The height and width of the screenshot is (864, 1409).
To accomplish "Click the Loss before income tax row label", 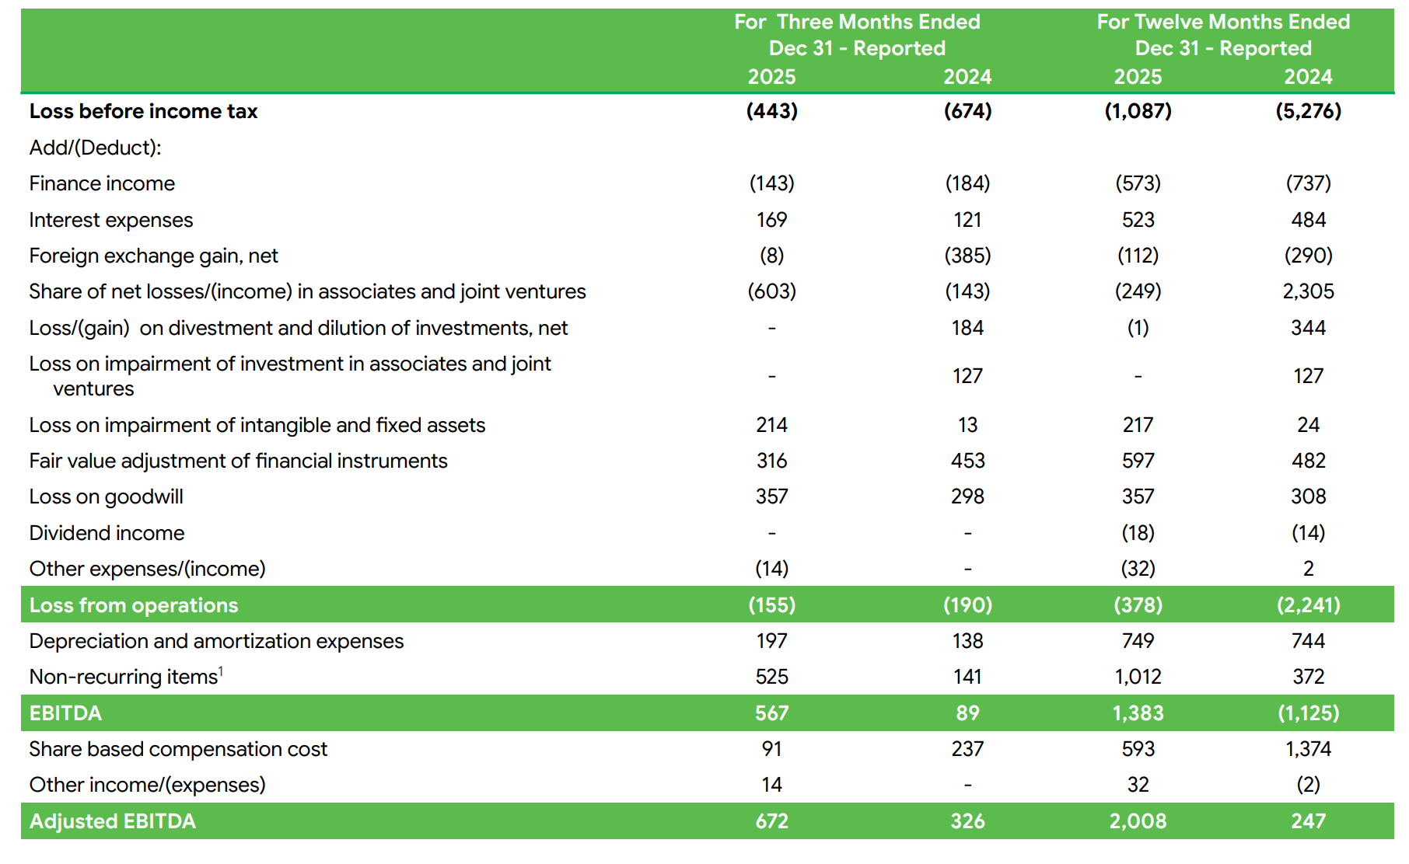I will tap(143, 111).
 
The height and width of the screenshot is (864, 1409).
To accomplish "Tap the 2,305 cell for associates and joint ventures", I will tap(1308, 291).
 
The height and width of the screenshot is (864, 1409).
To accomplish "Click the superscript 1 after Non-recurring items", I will tap(221, 671).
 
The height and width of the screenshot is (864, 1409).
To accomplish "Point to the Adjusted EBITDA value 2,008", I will tap(1138, 821).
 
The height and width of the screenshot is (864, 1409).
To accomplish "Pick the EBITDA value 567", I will tap(771, 713).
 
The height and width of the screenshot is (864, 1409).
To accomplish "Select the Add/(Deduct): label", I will tap(95, 148).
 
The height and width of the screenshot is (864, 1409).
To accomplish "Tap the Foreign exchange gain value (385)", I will tap(967, 256).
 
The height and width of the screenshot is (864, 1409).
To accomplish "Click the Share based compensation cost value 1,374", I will tap(1308, 749).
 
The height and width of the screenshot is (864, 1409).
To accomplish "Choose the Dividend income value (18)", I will tap(1138, 533).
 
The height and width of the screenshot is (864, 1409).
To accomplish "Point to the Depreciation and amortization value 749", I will tap(1138, 641).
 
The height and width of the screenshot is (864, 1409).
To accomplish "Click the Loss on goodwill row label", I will tap(106, 496).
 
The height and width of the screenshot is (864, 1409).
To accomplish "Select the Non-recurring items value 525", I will tap(771, 677).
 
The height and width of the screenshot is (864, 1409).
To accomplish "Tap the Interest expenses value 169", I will tap(771, 220).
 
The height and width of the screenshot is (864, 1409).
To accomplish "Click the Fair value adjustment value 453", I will tap(967, 461).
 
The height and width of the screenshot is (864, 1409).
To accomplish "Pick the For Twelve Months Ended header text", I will tap(1223, 22).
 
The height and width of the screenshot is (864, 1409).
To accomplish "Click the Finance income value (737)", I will tap(1308, 183).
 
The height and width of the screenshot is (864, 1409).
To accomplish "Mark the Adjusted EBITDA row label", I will tap(112, 821).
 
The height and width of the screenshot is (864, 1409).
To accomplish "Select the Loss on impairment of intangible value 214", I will tap(771, 425).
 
